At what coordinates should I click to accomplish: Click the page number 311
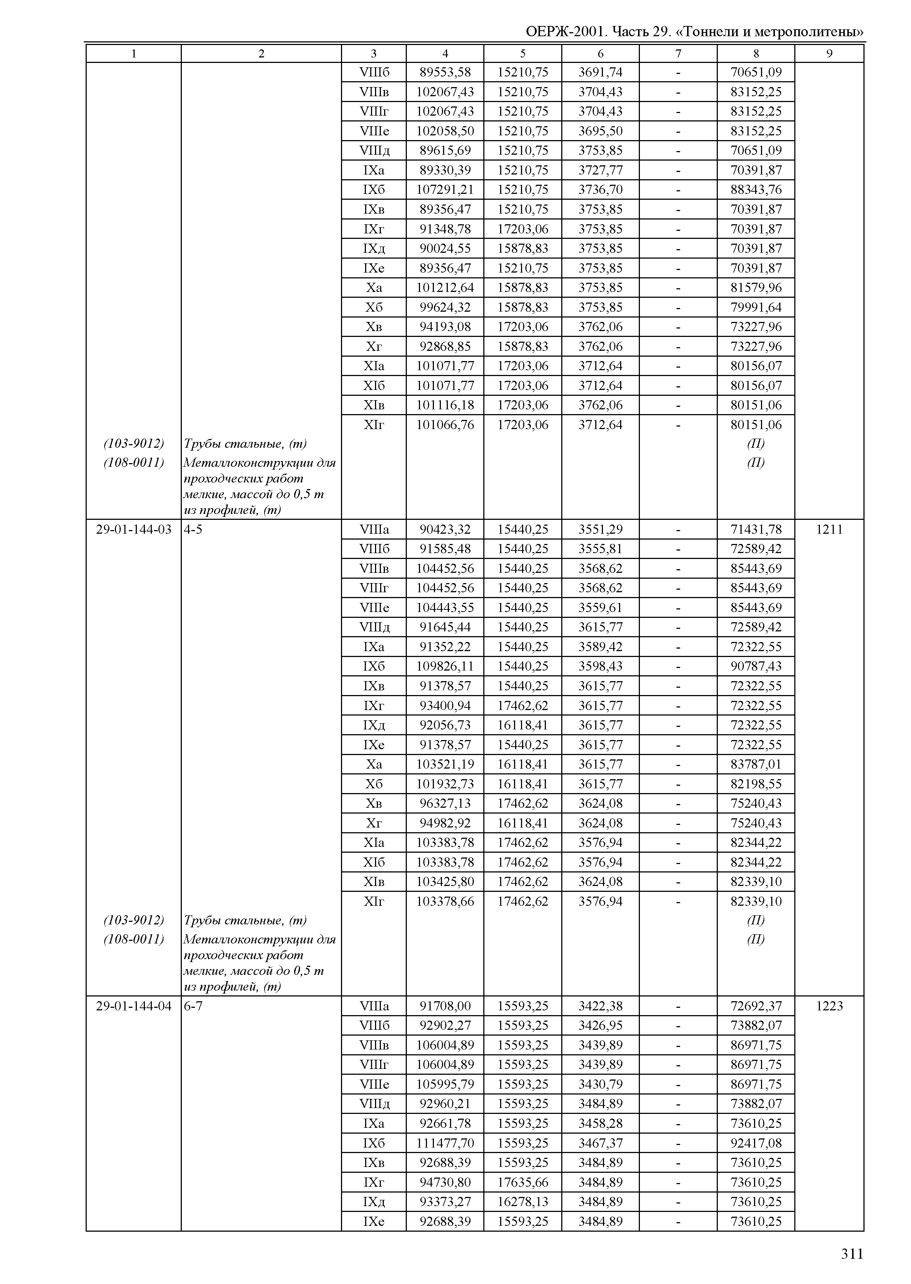click(851, 1254)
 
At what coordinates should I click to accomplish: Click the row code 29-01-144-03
click(134, 530)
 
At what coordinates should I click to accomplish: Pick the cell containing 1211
click(829, 530)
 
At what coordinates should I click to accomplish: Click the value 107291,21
click(445, 189)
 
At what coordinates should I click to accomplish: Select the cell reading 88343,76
click(756, 189)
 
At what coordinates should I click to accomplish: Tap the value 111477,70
click(445, 1143)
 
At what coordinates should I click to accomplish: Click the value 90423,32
click(445, 530)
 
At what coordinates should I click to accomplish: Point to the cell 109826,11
click(445, 667)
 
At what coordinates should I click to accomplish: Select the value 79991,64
click(756, 307)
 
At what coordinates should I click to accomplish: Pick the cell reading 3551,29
click(600, 530)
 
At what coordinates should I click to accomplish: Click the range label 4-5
click(193, 530)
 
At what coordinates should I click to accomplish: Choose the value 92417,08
click(756, 1143)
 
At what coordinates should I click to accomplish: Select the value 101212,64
click(445, 288)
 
